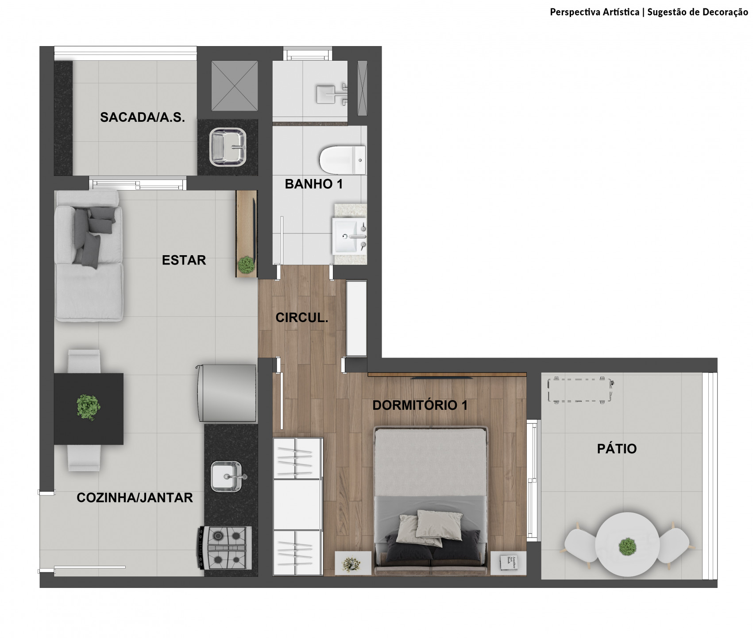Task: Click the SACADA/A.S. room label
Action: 142,117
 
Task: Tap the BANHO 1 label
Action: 314,184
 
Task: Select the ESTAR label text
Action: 184,260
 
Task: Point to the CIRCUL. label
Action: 302,318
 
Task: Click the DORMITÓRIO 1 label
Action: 420,405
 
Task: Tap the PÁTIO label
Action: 617,448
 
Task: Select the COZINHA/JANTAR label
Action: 135,498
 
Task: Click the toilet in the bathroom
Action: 342,160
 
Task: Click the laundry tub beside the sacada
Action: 228,147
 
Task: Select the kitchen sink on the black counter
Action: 227,477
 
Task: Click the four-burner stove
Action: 224,548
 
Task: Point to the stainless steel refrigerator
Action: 227,393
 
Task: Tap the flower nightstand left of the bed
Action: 353,563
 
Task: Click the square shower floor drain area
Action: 234,86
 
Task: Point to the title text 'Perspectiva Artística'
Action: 595,12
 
